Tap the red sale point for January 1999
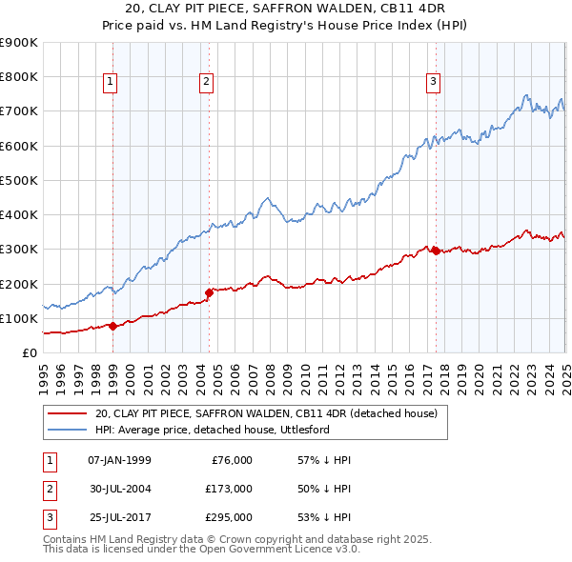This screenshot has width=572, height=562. click(112, 326)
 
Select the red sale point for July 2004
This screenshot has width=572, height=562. click(209, 292)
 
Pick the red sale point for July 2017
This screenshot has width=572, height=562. click(436, 251)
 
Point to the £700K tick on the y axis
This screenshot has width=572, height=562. click(19, 111)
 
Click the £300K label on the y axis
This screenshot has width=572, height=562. click(19, 250)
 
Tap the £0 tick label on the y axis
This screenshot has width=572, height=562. click(29, 352)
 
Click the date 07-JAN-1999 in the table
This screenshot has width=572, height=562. click(119, 459)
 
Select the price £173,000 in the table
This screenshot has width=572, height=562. click(229, 488)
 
